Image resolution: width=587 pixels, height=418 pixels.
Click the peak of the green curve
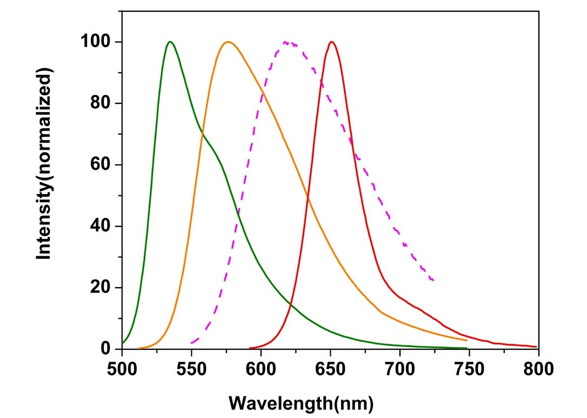coord(170,42)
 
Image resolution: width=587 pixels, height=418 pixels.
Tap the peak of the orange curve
coord(228,42)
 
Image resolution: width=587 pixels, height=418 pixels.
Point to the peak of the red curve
coord(331,42)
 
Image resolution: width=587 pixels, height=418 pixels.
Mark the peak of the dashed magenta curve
coord(285,42)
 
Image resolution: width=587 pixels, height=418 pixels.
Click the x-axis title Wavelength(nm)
coord(301,403)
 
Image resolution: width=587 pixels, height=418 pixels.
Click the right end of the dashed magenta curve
coord(433,280)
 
